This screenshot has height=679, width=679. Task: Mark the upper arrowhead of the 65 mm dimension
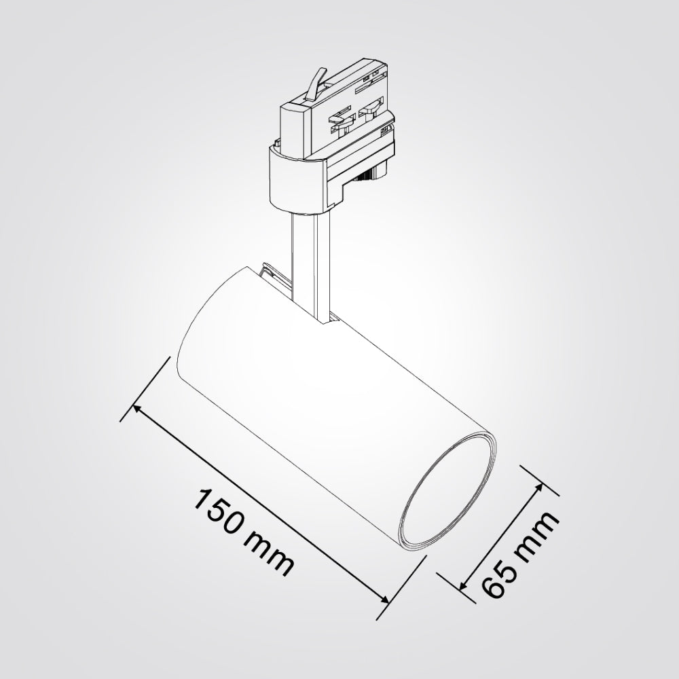[x=540, y=487]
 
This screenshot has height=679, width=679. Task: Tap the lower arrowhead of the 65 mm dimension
[x=463, y=586]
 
